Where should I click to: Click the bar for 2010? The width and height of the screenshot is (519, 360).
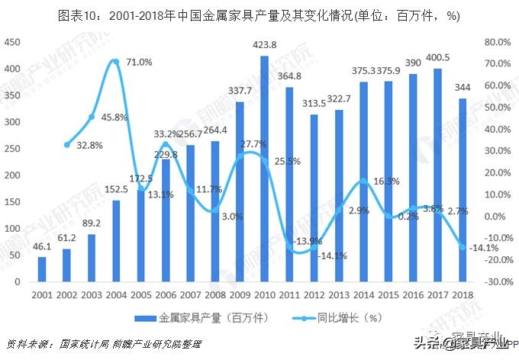[x=264, y=169]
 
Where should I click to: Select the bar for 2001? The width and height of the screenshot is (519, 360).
[x=42, y=269]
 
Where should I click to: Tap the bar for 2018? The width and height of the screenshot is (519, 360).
[x=463, y=190]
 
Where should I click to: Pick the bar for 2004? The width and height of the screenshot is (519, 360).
[x=116, y=241]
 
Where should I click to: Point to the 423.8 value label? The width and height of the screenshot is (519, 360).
[x=265, y=44]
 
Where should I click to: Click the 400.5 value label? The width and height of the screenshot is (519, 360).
[x=436, y=56]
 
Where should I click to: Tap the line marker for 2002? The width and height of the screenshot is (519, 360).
[x=66, y=144]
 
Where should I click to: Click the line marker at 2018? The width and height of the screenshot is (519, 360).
[x=463, y=246]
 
